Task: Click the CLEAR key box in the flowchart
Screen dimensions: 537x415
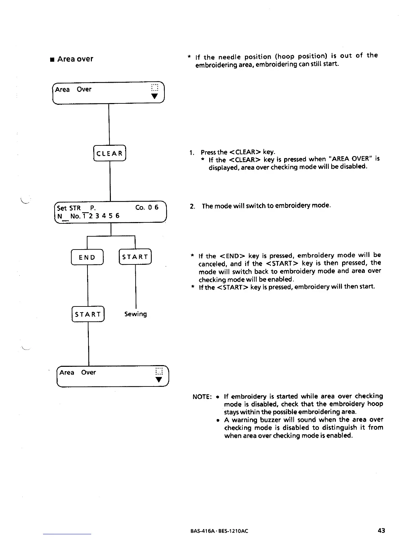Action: click(109, 153)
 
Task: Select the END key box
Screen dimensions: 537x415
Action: click(87, 257)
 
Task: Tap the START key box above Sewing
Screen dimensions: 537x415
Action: click(135, 257)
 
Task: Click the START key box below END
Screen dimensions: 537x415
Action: click(88, 314)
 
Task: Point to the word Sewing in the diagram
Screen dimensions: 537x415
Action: click(136, 314)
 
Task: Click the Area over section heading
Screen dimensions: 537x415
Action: click(75, 59)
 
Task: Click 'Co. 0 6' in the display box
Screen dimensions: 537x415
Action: click(147, 207)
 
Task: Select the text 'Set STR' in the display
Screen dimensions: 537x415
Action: click(69, 208)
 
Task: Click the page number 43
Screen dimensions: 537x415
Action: click(381, 531)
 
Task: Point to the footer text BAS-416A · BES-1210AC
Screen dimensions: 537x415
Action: click(219, 531)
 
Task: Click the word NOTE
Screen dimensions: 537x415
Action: click(202, 397)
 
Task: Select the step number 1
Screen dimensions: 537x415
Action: click(192, 153)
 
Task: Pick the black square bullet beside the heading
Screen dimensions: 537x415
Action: click(52, 60)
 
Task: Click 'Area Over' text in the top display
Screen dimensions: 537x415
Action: click(73, 89)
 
